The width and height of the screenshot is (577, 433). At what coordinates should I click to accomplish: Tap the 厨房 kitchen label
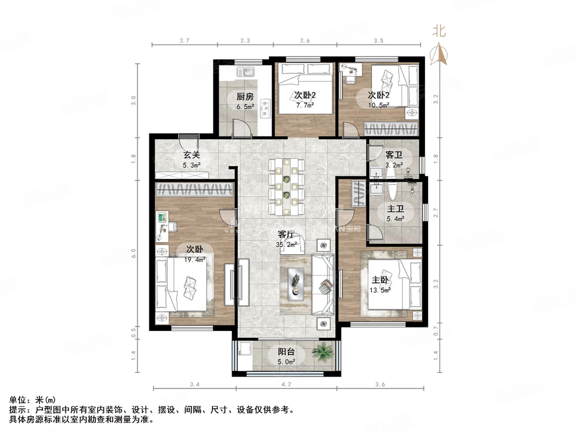pyautogui.click(x=244, y=96)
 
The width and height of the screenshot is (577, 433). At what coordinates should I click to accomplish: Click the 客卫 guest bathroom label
pyautogui.click(x=393, y=154)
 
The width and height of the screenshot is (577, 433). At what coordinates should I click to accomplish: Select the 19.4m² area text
pyautogui.click(x=193, y=259)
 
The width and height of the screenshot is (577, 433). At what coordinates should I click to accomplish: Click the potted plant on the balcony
pyautogui.click(x=322, y=353)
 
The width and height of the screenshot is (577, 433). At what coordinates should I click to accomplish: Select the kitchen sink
pyautogui.click(x=247, y=72)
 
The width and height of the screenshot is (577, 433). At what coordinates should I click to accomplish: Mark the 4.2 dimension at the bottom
pyautogui.click(x=286, y=385)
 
